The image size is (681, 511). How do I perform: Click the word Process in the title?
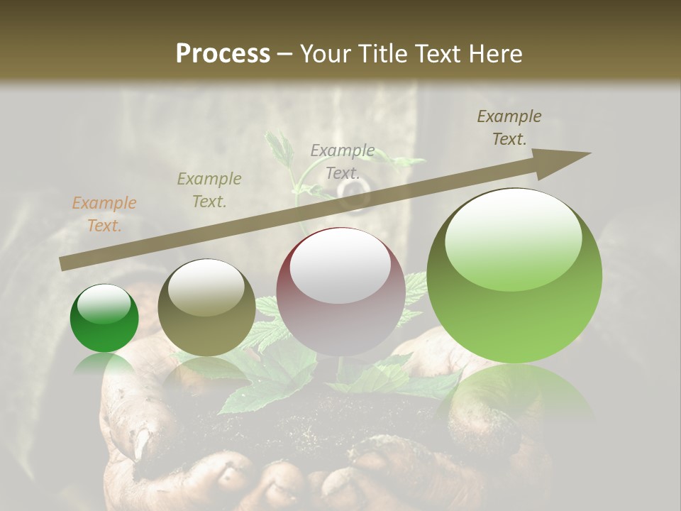(x=223, y=54)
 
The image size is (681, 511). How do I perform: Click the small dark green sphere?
(x=104, y=319)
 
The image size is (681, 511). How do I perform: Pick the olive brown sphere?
(x=206, y=309)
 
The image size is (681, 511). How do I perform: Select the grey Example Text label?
(x=343, y=161)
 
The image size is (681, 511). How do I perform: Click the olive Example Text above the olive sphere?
(x=209, y=189)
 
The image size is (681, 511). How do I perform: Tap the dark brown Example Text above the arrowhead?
(x=509, y=128)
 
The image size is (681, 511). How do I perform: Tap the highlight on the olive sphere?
(x=206, y=287)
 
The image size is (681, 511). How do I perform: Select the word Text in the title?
(x=439, y=54)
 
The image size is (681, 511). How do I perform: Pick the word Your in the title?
(x=323, y=54)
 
